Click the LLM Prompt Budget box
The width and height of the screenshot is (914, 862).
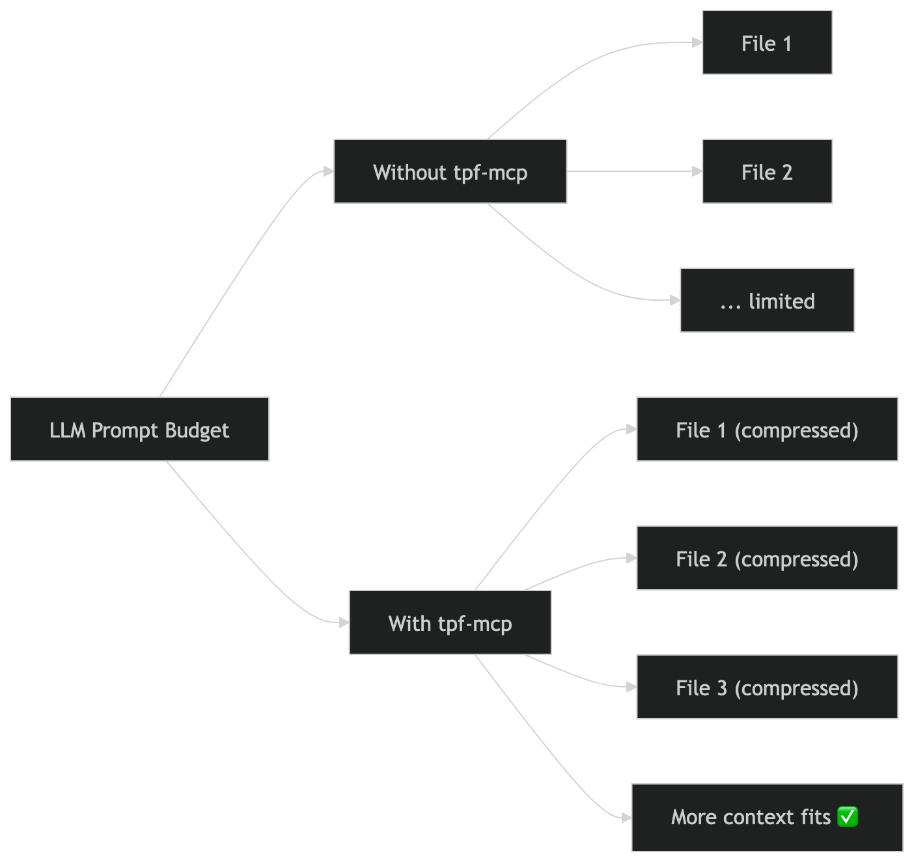tap(139, 429)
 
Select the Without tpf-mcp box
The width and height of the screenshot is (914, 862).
tap(450, 172)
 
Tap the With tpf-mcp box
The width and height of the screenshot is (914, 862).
tap(450, 622)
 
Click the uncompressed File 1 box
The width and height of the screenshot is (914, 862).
tap(767, 43)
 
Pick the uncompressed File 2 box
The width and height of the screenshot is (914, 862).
tap(767, 172)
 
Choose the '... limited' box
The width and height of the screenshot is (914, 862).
tap(767, 300)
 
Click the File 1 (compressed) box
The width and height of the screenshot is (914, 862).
tap(767, 429)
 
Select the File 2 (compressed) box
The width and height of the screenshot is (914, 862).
tap(767, 558)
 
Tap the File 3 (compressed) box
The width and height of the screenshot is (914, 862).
tap(767, 687)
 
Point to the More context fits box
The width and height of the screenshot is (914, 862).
tap(767, 817)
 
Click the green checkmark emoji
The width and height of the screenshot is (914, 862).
tap(848, 816)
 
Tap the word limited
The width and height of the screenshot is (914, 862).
tap(781, 301)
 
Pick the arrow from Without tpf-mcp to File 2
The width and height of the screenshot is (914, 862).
tap(631, 171)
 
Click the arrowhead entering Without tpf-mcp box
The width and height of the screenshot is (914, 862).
tap(328, 171)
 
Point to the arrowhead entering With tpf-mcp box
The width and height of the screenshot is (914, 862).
tap(344, 622)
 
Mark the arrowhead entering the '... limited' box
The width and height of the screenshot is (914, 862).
tap(674, 300)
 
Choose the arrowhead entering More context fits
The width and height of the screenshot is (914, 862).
tap(626, 817)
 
